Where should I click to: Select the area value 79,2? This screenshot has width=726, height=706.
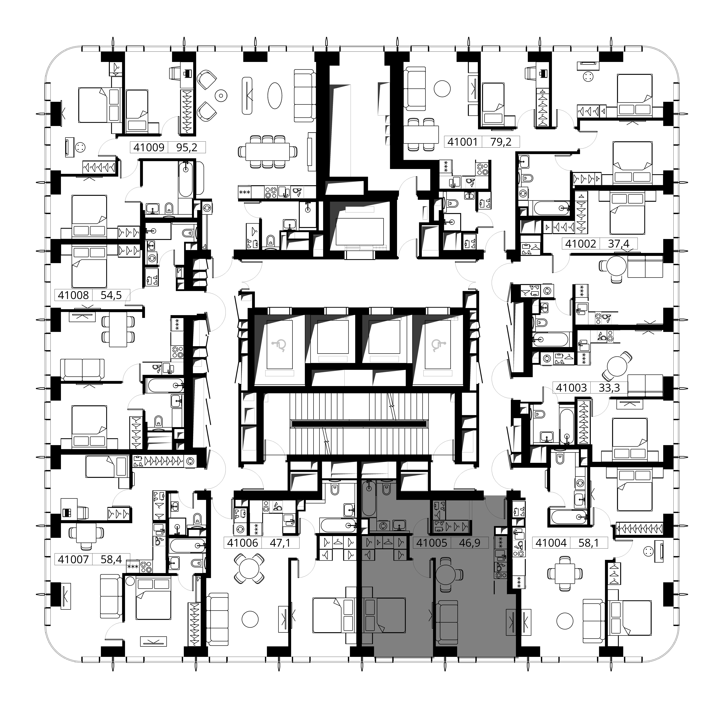pyautogui.click(x=500, y=142)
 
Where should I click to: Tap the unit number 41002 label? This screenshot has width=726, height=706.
pyautogui.click(x=581, y=244)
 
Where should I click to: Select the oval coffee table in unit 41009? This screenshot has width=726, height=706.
pyautogui.click(x=275, y=95)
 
